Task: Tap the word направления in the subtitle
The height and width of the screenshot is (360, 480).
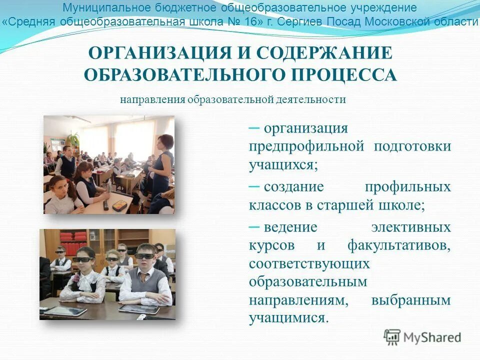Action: click(x=152, y=99)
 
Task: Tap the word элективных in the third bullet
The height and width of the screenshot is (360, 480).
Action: click(x=411, y=227)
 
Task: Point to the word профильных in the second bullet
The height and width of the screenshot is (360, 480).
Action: click(x=407, y=186)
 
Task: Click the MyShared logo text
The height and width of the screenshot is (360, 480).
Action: click(x=432, y=337)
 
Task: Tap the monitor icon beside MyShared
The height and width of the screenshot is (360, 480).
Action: click(x=392, y=336)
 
